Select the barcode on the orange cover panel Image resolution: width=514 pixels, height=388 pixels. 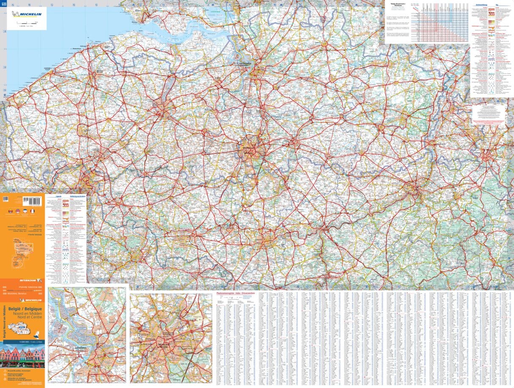click(x=32, y=201)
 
